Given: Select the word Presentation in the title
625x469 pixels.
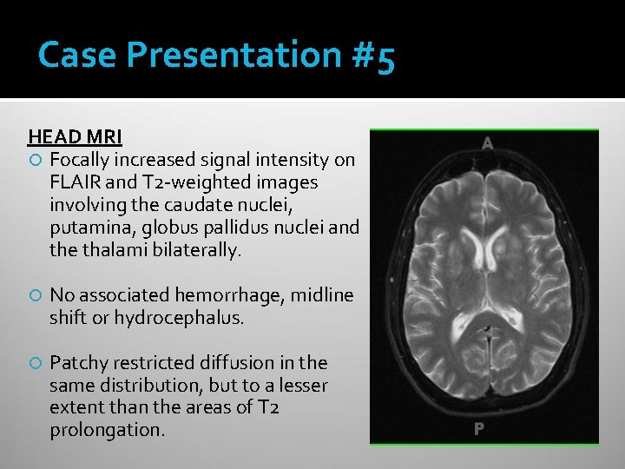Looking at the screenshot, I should pos(235,56).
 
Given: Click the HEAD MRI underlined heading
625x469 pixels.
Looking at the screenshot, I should pos(75,137).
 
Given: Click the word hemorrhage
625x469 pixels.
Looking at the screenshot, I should pos(235,295).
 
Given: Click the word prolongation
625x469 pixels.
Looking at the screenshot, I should pos(107,430).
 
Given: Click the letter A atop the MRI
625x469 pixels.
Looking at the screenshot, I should pos(487,143).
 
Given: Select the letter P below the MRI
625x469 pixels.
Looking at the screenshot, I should pos(478,428).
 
